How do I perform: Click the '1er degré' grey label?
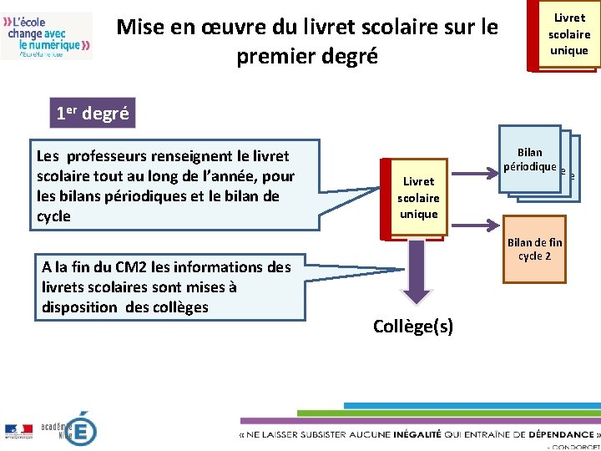(x=92, y=114)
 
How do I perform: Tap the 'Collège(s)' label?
(x=413, y=326)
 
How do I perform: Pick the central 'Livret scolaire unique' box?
(x=418, y=197)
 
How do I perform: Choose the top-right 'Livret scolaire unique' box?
(x=568, y=34)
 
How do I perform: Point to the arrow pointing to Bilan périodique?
(x=476, y=175)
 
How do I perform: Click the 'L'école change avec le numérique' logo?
(x=48, y=35)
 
